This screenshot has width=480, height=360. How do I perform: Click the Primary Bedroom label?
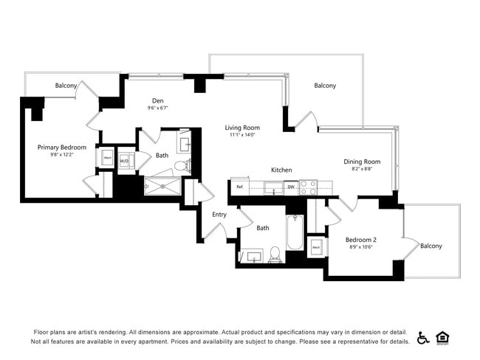(62, 148)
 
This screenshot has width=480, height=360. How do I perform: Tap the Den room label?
(157, 101)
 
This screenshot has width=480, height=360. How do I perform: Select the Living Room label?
(242, 128)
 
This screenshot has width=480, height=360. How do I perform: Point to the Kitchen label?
(281, 170)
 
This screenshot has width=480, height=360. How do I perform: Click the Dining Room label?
(362, 162)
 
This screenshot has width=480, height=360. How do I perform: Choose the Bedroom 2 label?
(362, 240)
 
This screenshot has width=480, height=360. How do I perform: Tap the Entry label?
(219, 214)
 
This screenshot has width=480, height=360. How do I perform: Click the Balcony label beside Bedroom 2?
(431, 246)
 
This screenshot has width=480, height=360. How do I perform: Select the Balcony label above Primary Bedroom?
(66, 86)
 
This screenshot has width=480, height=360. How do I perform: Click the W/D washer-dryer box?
(124, 160)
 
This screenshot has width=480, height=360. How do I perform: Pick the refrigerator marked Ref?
(240, 187)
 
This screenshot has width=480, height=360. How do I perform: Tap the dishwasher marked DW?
(291, 187)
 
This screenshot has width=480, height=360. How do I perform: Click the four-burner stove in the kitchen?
(308, 187)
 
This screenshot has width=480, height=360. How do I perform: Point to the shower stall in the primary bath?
(162, 187)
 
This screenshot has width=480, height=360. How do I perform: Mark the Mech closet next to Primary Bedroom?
(107, 158)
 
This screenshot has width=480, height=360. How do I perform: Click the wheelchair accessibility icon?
(423, 337)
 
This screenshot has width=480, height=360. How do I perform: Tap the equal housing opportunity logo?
(443, 337)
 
